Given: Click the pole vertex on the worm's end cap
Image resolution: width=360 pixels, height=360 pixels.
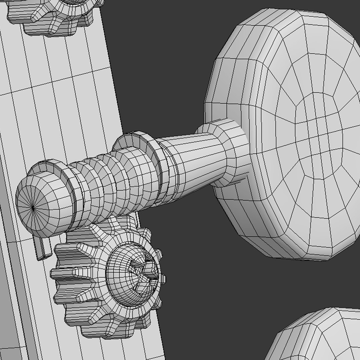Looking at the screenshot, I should (33, 208).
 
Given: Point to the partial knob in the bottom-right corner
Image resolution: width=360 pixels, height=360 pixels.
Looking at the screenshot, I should (317, 337).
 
